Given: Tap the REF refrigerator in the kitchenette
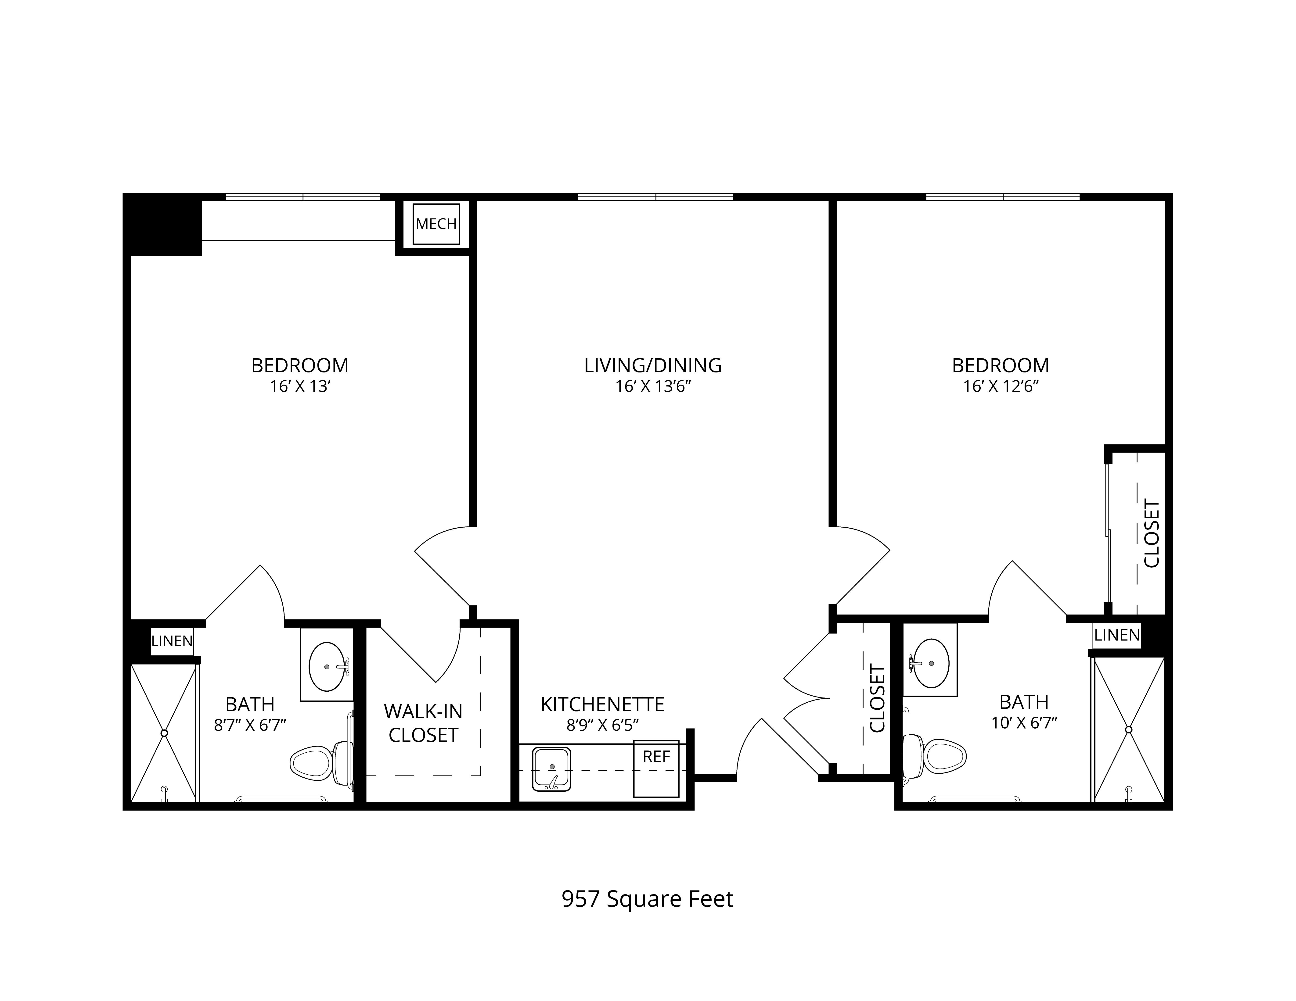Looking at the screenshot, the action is click(x=656, y=769).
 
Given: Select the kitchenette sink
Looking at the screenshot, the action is click(x=552, y=769).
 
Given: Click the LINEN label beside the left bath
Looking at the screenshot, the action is click(x=172, y=641).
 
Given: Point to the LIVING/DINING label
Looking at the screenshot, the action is click(x=653, y=365).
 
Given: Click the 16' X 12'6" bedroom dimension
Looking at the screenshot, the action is click(x=1001, y=387).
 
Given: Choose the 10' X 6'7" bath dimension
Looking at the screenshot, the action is click(x=1024, y=723).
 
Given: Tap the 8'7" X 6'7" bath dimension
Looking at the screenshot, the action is click(x=250, y=725).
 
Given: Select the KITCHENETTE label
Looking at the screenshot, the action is click(x=602, y=704).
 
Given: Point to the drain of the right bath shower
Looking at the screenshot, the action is click(x=1129, y=729).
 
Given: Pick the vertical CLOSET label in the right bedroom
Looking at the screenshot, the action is click(x=1151, y=534).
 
